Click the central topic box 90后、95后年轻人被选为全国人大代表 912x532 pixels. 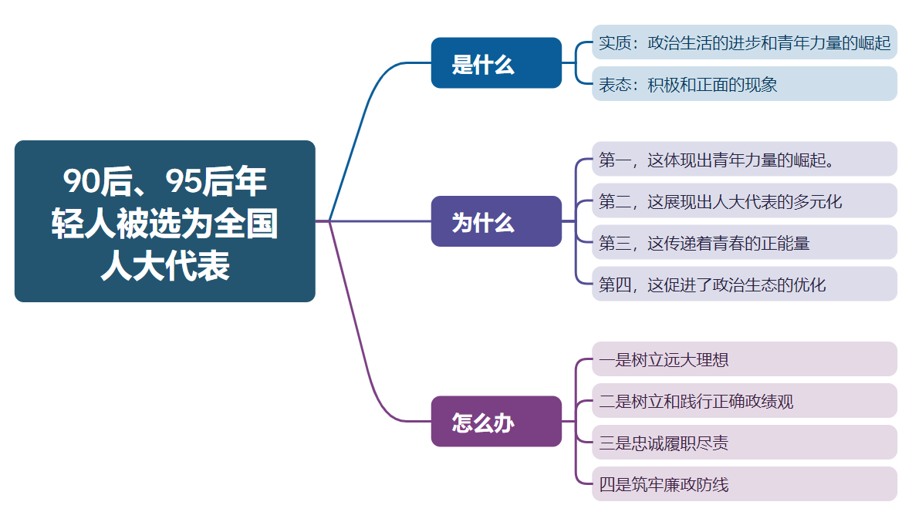point(164,221)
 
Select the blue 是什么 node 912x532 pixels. point(496,63)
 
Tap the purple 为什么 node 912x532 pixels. point(496,221)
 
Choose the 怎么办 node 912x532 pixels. point(496,421)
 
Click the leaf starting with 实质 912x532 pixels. point(744,42)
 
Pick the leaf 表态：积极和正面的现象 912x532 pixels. point(744,84)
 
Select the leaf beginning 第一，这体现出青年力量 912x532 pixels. point(744,160)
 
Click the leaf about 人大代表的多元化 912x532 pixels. point(744,201)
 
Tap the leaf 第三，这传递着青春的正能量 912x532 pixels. point(744,243)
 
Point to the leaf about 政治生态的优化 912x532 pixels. point(744,285)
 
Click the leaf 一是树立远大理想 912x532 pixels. point(744,359)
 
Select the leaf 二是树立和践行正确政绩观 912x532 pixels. point(744,401)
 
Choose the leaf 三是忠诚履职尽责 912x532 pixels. point(744,443)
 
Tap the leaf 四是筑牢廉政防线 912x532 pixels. point(744,484)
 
